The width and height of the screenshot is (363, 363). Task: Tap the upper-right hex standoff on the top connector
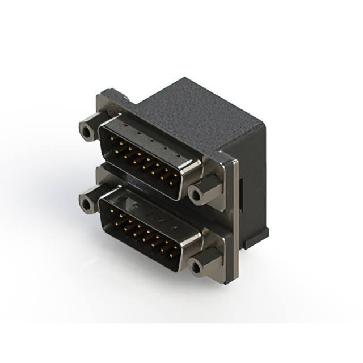pyautogui.click(x=197, y=195)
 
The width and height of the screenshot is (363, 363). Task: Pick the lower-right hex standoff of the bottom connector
pyautogui.click(x=197, y=264)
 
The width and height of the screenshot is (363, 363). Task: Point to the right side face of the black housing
pyautogui.click(x=252, y=187)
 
